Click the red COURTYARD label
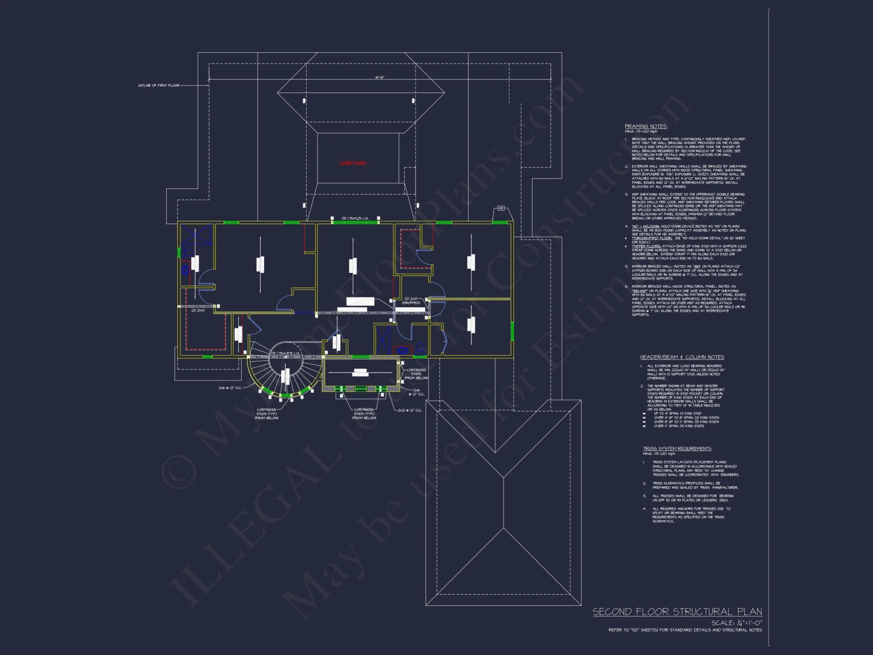pos(353,163)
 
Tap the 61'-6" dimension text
pos(380,77)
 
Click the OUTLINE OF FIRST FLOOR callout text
pos(158,86)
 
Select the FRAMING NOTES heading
pos(646,126)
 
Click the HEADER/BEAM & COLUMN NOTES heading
pos(682,357)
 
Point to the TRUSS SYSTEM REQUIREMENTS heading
pos(677,448)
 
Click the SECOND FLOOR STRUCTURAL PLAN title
pos(677,612)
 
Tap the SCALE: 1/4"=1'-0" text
pos(736,623)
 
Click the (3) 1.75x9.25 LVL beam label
pos(355,218)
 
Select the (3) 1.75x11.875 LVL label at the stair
pos(286,353)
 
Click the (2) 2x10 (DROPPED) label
pos(411,300)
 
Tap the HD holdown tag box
pos(501,208)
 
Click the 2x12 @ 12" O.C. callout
pos(409,410)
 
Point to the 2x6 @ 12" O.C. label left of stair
pos(230,388)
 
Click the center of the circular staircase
pos(285,369)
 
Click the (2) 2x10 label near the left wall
pos(198,310)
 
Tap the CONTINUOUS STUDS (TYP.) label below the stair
pos(266,414)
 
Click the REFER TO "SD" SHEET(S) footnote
pos(685,630)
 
